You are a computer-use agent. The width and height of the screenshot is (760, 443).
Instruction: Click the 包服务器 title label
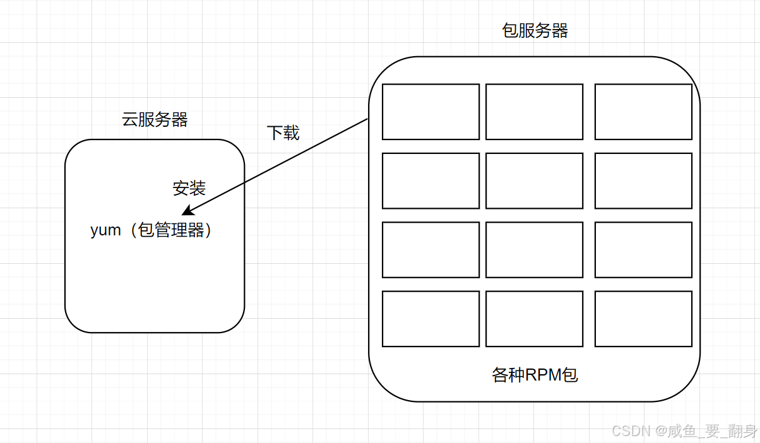coord(535,31)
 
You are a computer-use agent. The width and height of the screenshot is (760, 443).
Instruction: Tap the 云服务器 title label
coord(155,120)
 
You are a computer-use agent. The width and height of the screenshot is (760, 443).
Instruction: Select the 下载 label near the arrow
coord(283,133)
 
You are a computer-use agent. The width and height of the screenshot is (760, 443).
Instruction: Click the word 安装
coord(189,188)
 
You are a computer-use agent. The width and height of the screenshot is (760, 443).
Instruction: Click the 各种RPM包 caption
coord(535,375)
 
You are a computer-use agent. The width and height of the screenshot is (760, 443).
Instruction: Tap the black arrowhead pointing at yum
coord(187,211)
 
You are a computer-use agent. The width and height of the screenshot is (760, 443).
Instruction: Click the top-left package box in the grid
coord(430,112)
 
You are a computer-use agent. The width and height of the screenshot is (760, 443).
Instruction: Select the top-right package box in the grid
coord(643,112)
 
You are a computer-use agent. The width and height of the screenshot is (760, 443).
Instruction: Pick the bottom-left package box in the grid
coord(430,319)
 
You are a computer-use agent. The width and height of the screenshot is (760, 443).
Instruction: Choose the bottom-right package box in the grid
coord(643,319)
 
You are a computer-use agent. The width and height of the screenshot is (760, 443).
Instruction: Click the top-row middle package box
coord(534,112)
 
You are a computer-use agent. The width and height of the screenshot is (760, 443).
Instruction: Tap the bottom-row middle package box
coord(534,319)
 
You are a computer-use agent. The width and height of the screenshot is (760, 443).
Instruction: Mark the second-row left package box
coord(430,180)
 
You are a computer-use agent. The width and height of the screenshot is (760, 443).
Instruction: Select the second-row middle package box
coord(534,180)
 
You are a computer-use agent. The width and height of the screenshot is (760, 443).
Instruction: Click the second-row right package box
coord(643,180)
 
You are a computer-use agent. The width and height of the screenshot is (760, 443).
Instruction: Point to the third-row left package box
coord(430,250)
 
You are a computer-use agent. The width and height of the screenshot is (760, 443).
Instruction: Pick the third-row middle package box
coord(534,250)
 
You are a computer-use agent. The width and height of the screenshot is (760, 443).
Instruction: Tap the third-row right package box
coord(643,250)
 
